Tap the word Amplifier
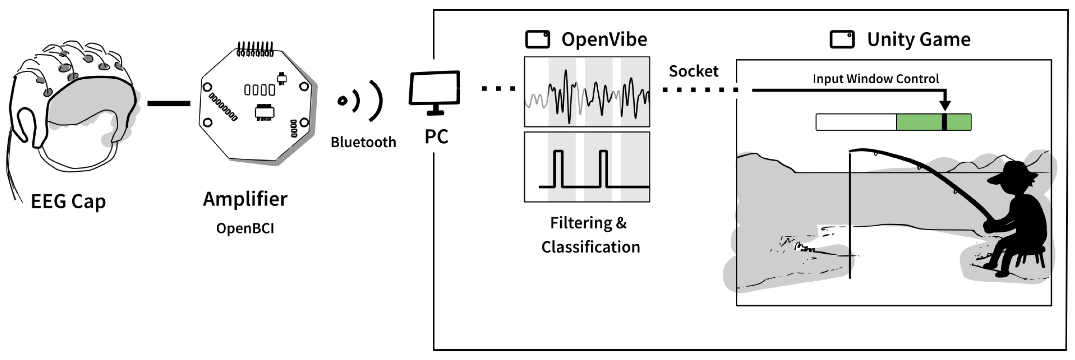point(245,199)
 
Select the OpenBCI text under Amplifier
point(245,228)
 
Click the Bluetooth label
point(363,142)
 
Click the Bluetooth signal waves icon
point(361,101)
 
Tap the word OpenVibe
point(604,40)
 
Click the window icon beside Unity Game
point(842,40)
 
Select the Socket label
point(694,71)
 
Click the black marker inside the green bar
point(945,122)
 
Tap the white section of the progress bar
point(855,122)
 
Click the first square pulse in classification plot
point(558,169)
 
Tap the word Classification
point(590,247)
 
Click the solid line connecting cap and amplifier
point(169,103)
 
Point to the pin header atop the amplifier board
point(255,49)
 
